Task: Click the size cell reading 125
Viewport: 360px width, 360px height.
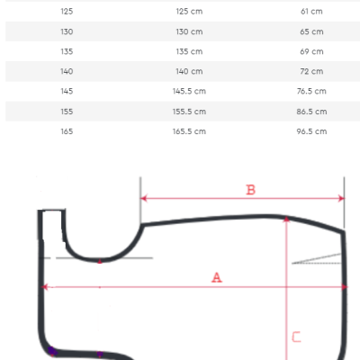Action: coord(67,12)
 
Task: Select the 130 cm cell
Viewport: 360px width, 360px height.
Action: coord(189,31)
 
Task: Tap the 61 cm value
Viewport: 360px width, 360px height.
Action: coord(311,12)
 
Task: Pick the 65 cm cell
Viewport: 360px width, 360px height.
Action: coord(311,31)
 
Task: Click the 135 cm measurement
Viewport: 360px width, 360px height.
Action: coord(189,51)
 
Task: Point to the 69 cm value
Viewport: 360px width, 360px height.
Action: coord(311,51)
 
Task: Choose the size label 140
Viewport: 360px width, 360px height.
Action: coord(67,71)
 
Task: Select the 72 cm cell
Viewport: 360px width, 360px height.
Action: coord(311,71)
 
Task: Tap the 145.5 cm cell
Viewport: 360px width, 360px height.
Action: coord(189,91)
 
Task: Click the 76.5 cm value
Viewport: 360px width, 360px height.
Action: coord(311,91)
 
